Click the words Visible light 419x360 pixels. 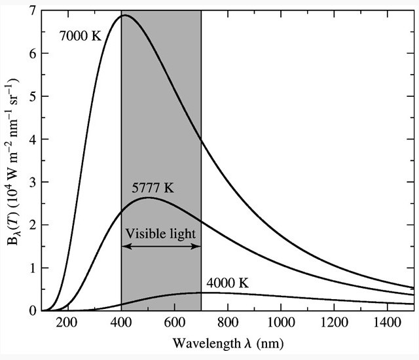coord(161,232)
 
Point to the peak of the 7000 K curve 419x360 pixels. coord(124,15)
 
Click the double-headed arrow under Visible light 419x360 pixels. coord(161,246)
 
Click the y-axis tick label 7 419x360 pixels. coord(33,11)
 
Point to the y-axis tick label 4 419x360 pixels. coord(33,139)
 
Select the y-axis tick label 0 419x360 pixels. coord(33,310)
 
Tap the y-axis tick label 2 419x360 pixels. coord(33,225)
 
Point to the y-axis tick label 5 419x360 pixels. coord(33,97)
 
